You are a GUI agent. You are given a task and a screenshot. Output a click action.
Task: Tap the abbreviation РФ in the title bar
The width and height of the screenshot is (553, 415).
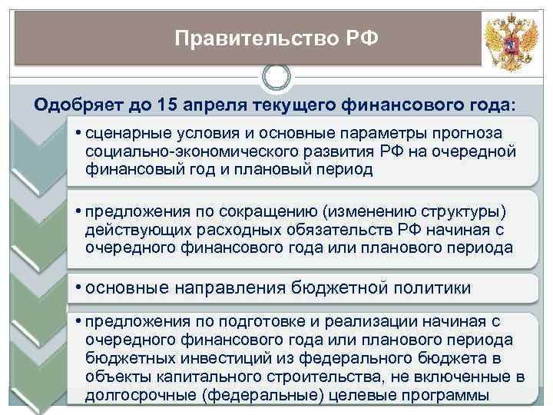click(x=359, y=38)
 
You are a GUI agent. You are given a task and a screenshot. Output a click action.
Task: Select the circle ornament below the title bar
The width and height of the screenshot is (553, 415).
click(x=276, y=77)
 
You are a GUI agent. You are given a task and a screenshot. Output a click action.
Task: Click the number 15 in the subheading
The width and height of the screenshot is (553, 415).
click(x=167, y=105)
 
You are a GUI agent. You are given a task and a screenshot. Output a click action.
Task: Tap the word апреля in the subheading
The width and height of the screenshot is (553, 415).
click(x=216, y=105)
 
